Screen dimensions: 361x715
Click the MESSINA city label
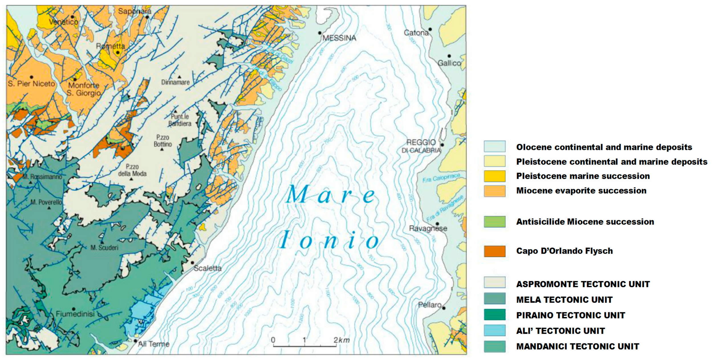click(339, 38)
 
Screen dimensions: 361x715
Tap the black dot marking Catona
click(430, 29)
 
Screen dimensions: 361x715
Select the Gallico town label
click(449, 63)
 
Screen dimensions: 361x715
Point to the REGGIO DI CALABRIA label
click(421, 146)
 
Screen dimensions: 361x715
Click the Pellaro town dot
click(444, 308)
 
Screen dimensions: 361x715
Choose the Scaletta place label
click(208, 268)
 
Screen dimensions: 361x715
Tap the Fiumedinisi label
click(75, 314)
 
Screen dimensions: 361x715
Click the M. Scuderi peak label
click(104, 248)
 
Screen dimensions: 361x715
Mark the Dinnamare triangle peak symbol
click(179, 77)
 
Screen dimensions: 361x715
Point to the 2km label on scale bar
click(342, 340)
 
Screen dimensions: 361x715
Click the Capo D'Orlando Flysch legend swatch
click(495, 251)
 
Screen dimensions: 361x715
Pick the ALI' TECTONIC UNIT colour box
click(495, 331)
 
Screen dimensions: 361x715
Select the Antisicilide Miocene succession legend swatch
click(495, 222)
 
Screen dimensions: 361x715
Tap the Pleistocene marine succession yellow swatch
click(495, 176)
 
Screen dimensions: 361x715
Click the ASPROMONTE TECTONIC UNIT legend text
click(583, 284)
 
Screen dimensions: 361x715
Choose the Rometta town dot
click(118, 53)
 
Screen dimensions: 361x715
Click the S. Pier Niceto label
click(31, 83)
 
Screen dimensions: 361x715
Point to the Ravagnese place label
click(428, 228)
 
